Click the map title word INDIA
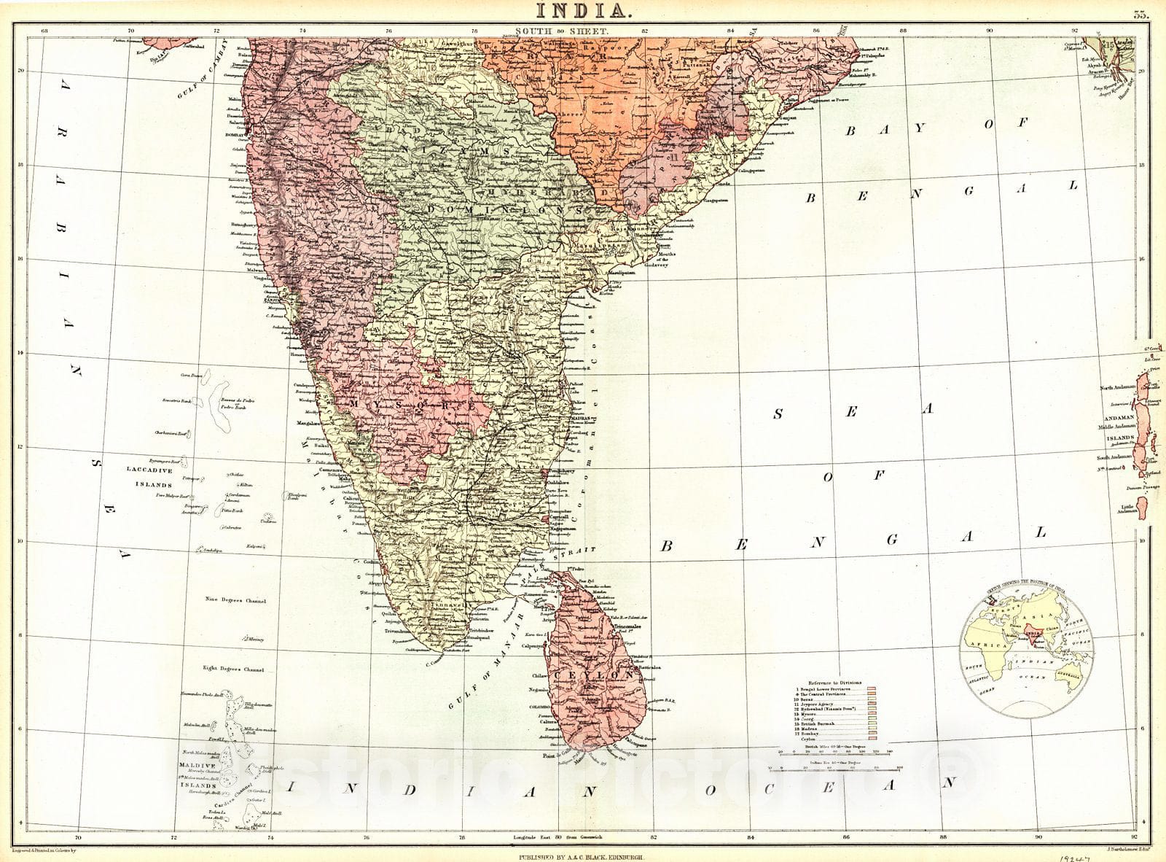point(580,10)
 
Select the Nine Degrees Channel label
point(235,602)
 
